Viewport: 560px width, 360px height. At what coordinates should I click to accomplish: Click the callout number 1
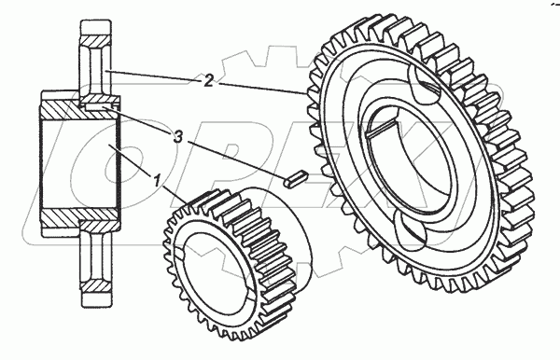(157, 181)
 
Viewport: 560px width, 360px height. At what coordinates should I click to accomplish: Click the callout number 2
(208, 80)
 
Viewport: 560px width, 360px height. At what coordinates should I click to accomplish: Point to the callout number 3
(178, 137)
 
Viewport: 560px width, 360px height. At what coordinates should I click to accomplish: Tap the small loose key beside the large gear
(295, 178)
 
